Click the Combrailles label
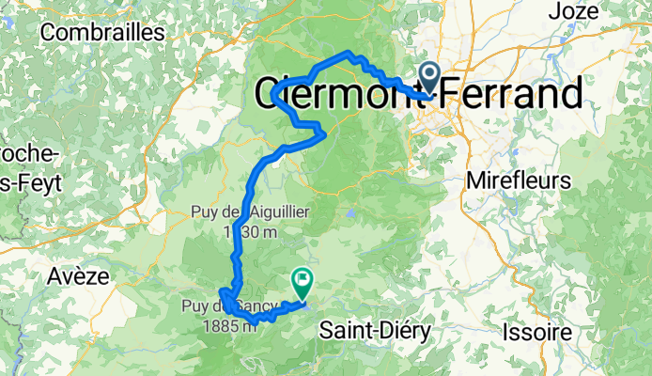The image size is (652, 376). (x=103, y=31)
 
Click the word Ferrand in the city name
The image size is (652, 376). (x=511, y=94)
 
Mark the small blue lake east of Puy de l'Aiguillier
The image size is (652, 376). (x=349, y=213)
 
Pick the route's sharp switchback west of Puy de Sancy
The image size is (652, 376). (x=223, y=290)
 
